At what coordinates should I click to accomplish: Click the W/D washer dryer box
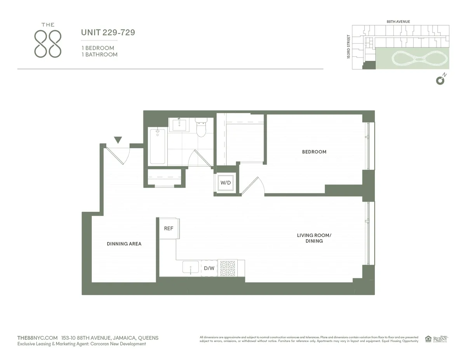coord(225,183)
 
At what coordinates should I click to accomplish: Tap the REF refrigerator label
coord(169,229)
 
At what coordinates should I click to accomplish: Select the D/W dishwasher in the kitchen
coord(209,268)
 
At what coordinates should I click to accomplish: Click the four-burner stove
coord(228,268)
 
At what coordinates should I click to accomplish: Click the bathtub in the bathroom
coord(158,146)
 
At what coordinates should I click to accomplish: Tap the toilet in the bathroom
coord(201,128)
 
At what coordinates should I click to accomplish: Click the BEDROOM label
coord(314,152)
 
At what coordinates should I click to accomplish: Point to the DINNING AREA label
coord(124,244)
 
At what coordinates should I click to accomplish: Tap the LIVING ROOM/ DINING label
coord(314,238)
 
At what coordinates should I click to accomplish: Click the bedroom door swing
coord(253,186)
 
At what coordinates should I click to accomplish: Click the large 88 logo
coord(48,44)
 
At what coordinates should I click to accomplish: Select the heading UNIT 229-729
coord(108,33)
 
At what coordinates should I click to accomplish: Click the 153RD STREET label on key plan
coord(349,47)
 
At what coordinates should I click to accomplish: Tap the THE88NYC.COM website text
coord(38,338)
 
